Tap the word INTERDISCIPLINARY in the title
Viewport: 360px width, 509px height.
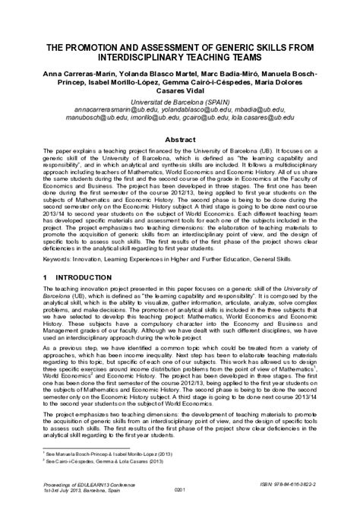coord(132,59)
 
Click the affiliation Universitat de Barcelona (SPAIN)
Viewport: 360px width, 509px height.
coord(180,110)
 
